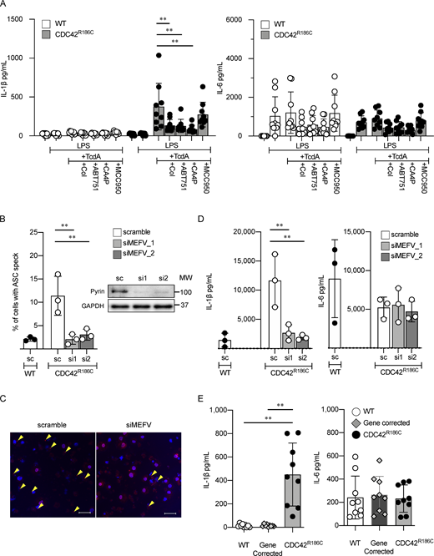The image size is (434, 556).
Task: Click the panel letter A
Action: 5,6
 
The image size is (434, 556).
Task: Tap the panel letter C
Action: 5,392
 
